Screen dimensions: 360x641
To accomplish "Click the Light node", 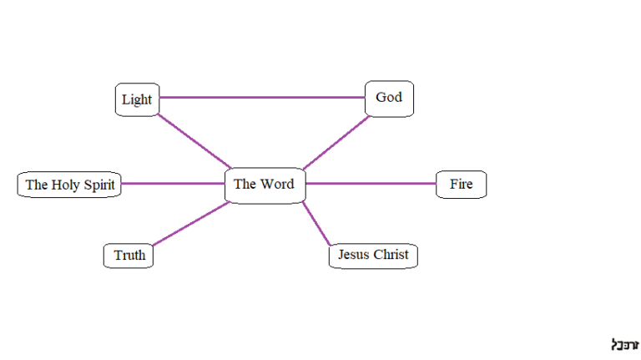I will [137, 99].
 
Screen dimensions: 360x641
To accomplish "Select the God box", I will [389, 98].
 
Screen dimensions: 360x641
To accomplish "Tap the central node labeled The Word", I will [264, 184].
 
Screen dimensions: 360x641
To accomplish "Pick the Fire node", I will [461, 184].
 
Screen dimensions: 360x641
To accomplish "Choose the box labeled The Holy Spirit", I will [70, 185].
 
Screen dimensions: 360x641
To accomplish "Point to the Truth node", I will [129, 256].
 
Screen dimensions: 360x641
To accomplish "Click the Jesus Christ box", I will [373, 255].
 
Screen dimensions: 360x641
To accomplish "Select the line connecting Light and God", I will [262, 98].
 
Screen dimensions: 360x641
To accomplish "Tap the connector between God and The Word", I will [336, 142].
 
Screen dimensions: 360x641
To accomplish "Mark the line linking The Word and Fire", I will [370, 183].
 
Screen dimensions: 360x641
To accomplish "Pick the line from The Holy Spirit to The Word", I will [173, 183].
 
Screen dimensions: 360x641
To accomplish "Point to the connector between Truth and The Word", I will [191, 224].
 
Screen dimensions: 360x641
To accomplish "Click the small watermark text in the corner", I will [624, 344].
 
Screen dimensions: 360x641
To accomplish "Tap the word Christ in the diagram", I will [391, 255].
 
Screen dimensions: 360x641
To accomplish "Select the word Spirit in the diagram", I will [98, 185].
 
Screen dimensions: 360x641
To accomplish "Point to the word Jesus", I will [353, 255].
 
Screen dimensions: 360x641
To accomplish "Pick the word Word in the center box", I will [277, 184].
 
